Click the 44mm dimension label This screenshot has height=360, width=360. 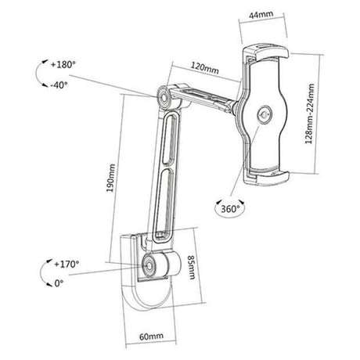[x=261, y=15]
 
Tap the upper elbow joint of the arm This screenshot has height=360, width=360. [x=166, y=98]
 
